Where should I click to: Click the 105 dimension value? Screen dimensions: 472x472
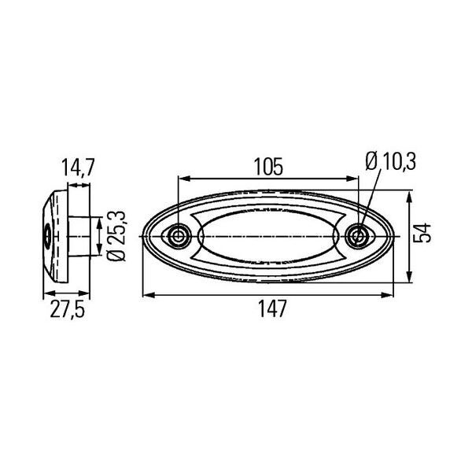coord(268,167)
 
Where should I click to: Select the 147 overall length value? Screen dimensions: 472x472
coord(272,308)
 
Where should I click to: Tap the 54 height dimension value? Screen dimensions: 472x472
coord(422,233)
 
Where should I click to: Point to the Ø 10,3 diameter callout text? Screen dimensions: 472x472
coord(390,161)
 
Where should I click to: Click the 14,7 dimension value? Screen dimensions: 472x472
coord(78,168)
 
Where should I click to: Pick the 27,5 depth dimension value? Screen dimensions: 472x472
coord(68,309)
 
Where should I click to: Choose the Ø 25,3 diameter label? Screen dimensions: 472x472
coord(116,236)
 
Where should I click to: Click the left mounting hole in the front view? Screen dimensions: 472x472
coord(179,236)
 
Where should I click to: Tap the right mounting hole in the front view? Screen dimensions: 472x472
coord(358,236)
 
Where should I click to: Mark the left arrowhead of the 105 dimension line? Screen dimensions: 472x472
coord(184,179)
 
